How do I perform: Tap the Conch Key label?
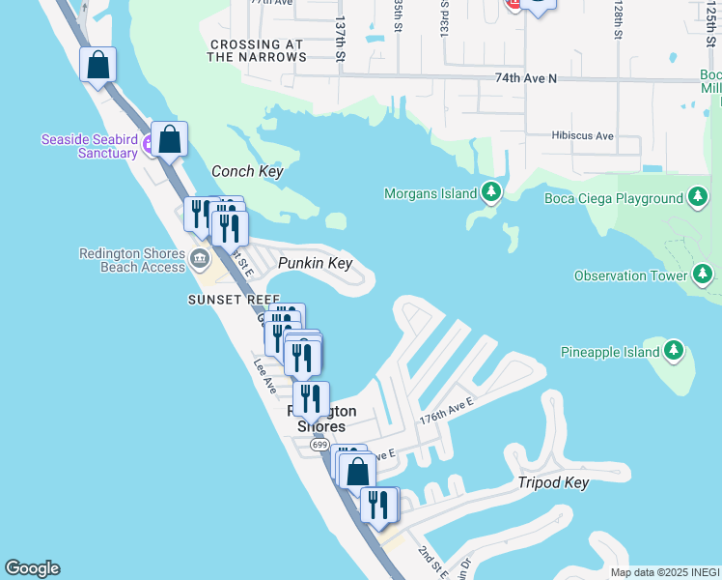tap(247, 171)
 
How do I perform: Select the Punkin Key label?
tap(315, 263)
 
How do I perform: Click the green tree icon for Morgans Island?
tap(492, 192)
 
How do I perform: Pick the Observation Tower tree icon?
tap(704, 276)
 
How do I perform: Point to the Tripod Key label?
tap(553, 482)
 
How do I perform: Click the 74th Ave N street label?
tap(526, 77)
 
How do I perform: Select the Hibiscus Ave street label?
tap(583, 136)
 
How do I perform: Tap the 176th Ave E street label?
tap(446, 409)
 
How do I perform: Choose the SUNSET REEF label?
tap(234, 300)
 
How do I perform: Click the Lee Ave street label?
tap(265, 378)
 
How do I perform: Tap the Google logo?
tap(32, 568)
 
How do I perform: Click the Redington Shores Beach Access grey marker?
tap(200, 258)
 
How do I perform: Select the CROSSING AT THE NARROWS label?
tap(257, 51)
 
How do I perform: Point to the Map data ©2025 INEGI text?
tap(665, 572)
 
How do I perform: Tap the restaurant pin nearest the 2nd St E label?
tap(378, 505)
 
